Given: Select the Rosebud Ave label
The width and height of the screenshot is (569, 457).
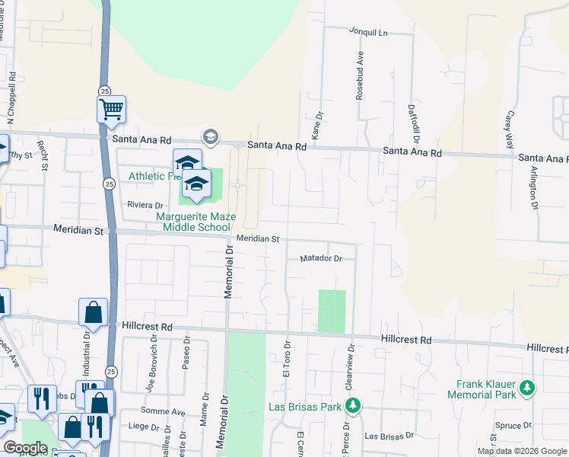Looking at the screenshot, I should point(361,76).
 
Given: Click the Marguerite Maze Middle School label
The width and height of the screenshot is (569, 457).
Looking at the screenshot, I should point(193,222).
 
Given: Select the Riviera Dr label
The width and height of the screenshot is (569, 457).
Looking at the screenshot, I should point(145,205).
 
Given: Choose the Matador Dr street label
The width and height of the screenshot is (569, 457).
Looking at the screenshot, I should point(321,258).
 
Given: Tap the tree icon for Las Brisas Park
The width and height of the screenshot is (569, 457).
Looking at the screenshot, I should point(353,405).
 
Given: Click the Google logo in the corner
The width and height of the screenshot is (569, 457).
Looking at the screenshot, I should point(24,448).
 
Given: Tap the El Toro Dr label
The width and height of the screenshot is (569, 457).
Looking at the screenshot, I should point(287,358).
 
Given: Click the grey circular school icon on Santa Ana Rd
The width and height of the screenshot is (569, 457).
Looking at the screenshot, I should point(209,137).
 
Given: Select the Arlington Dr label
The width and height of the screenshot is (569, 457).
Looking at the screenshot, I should point(535,187).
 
